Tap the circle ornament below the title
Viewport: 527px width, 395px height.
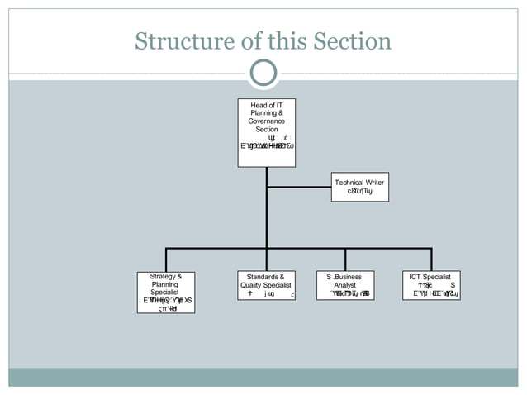pos(263,74)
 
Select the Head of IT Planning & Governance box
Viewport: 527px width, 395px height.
pos(266,132)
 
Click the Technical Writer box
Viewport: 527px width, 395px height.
pos(359,187)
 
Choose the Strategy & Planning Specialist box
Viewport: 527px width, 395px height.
pos(166,292)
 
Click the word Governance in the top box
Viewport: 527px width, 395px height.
pos(267,121)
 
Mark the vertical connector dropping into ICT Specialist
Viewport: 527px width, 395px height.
pos(431,259)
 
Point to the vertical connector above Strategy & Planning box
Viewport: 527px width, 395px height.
pos(166,259)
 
